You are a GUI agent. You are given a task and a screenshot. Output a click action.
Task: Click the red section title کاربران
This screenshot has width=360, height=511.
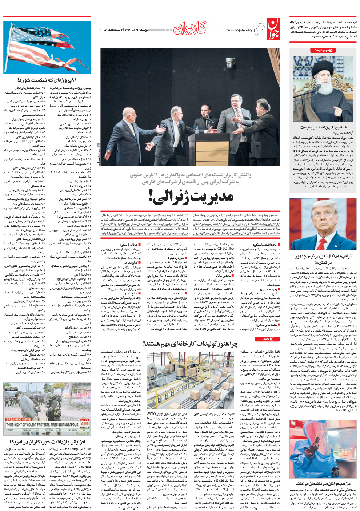click(190, 28)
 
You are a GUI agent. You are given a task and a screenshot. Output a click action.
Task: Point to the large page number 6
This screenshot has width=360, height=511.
click(259, 29)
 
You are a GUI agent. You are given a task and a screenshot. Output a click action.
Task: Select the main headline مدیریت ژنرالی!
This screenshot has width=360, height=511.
click(191, 196)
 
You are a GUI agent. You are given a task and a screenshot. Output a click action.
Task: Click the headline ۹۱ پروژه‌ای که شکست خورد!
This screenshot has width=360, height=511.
click(47, 80)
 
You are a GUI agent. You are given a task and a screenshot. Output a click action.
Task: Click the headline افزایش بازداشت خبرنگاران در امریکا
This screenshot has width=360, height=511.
click(47, 442)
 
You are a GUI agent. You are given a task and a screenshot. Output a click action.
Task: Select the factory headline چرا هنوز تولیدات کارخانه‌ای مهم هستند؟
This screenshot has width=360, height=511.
click(190, 344)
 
